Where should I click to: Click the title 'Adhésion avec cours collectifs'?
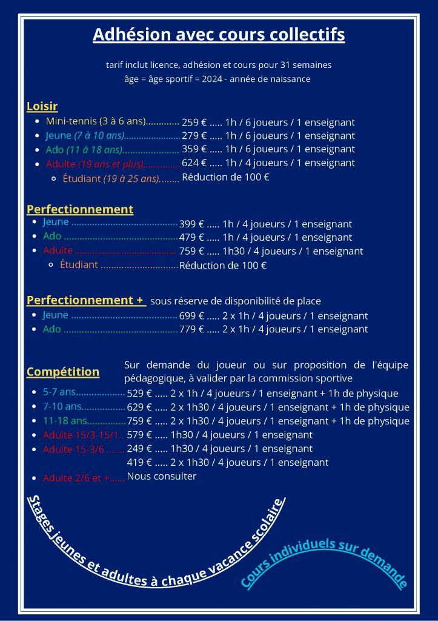[x=219, y=35]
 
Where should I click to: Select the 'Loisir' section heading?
[x=42, y=107]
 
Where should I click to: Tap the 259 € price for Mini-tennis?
[x=194, y=121]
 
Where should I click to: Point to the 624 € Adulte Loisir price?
[x=194, y=163]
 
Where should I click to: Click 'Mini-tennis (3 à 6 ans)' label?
[x=96, y=121]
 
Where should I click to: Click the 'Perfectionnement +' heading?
[x=85, y=300]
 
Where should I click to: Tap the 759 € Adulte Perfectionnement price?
[x=191, y=251]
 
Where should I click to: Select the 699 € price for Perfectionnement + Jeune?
[x=191, y=316]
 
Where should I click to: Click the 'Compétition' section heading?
[x=63, y=372]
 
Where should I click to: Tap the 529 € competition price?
[x=139, y=393]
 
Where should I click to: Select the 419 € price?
[x=139, y=463]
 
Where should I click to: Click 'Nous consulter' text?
[x=162, y=476]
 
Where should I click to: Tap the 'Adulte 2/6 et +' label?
[x=76, y=478]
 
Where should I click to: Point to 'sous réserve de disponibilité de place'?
[x=236, y=301]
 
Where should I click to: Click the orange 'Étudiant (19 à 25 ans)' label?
[x=111, y=178]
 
